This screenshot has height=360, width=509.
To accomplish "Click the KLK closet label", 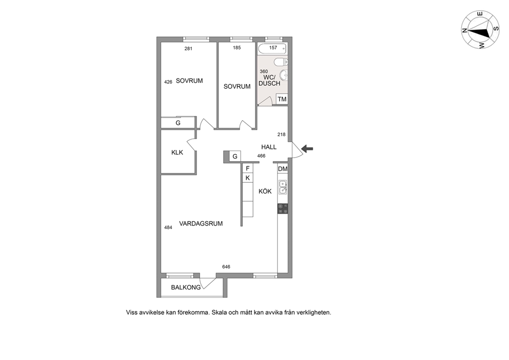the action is (x=177, y=153).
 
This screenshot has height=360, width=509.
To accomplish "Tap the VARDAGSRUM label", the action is (x=201, y=223).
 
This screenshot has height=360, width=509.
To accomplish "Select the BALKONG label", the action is (x=186, y=287).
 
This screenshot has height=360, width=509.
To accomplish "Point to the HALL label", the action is (x=269, y=147).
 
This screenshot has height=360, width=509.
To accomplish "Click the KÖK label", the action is (x=265, y=191).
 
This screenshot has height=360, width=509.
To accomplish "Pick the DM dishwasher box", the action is (x=283, y=169).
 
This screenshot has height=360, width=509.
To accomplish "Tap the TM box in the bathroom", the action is (x=282, y=99).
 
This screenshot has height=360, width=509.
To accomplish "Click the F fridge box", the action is (x=248, y=168).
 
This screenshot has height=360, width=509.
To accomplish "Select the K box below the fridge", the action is (x=248, y=178).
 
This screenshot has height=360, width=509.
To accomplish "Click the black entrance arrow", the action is (x=307, y=149).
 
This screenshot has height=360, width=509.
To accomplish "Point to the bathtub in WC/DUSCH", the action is (x=272, y=49).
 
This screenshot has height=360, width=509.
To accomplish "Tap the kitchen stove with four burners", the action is (x=283, y=209).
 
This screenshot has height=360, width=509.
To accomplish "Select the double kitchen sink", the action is (x=283, y=187).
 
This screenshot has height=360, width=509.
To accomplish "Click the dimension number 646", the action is (x=226, y=267).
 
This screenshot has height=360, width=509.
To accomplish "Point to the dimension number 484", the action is (x=168, y=228).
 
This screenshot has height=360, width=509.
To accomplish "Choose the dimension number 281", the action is (x=188, y=49).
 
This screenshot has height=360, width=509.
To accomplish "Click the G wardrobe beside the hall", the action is (x=235, y=156).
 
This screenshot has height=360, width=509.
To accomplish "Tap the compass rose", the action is (x=480, y=30).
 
